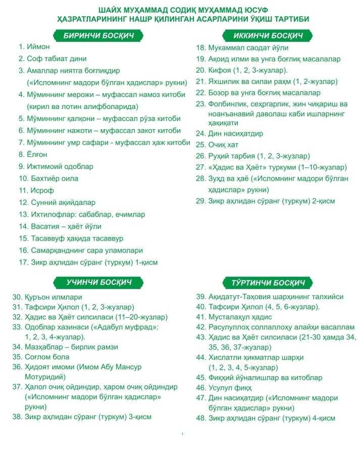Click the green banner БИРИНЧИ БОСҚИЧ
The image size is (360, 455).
pyautogui.click(x=98, y=36)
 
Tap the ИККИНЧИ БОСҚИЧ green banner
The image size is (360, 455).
pyautogui.click(x=269, y=36)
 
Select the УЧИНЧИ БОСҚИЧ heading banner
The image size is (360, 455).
pyautogui.click(x=98, y=282)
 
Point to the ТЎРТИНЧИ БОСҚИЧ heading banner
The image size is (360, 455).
pyautogui.click(x=268, y=283)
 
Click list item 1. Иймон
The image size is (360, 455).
pyautogui.click(x=35, y=46)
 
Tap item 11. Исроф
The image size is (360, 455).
pyautogui.click(x=36, y=191)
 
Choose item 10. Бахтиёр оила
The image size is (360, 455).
pyautogui.click(x=48, y=179)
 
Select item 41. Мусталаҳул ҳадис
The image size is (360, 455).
pyautogui.click(x=234, y=317)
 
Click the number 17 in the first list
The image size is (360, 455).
pyautogui.click(x=22, y=262)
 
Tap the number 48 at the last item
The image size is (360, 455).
pyautogui.click(x=201, y=418)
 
